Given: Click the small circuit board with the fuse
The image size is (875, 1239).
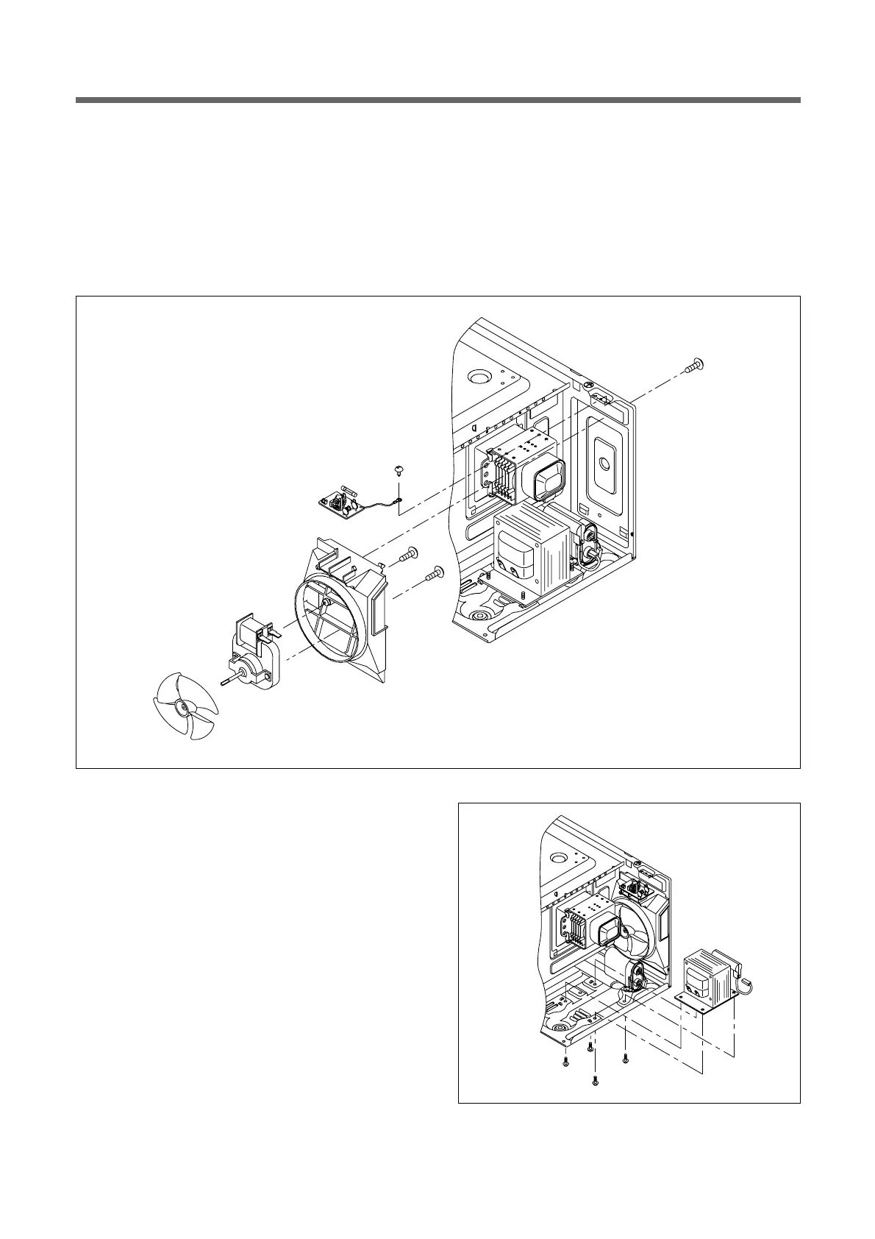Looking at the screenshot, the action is pos(340,504).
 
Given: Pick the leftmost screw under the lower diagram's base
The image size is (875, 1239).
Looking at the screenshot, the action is pos(565,1062).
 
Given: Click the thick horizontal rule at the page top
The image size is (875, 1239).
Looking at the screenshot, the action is pos(438,100).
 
